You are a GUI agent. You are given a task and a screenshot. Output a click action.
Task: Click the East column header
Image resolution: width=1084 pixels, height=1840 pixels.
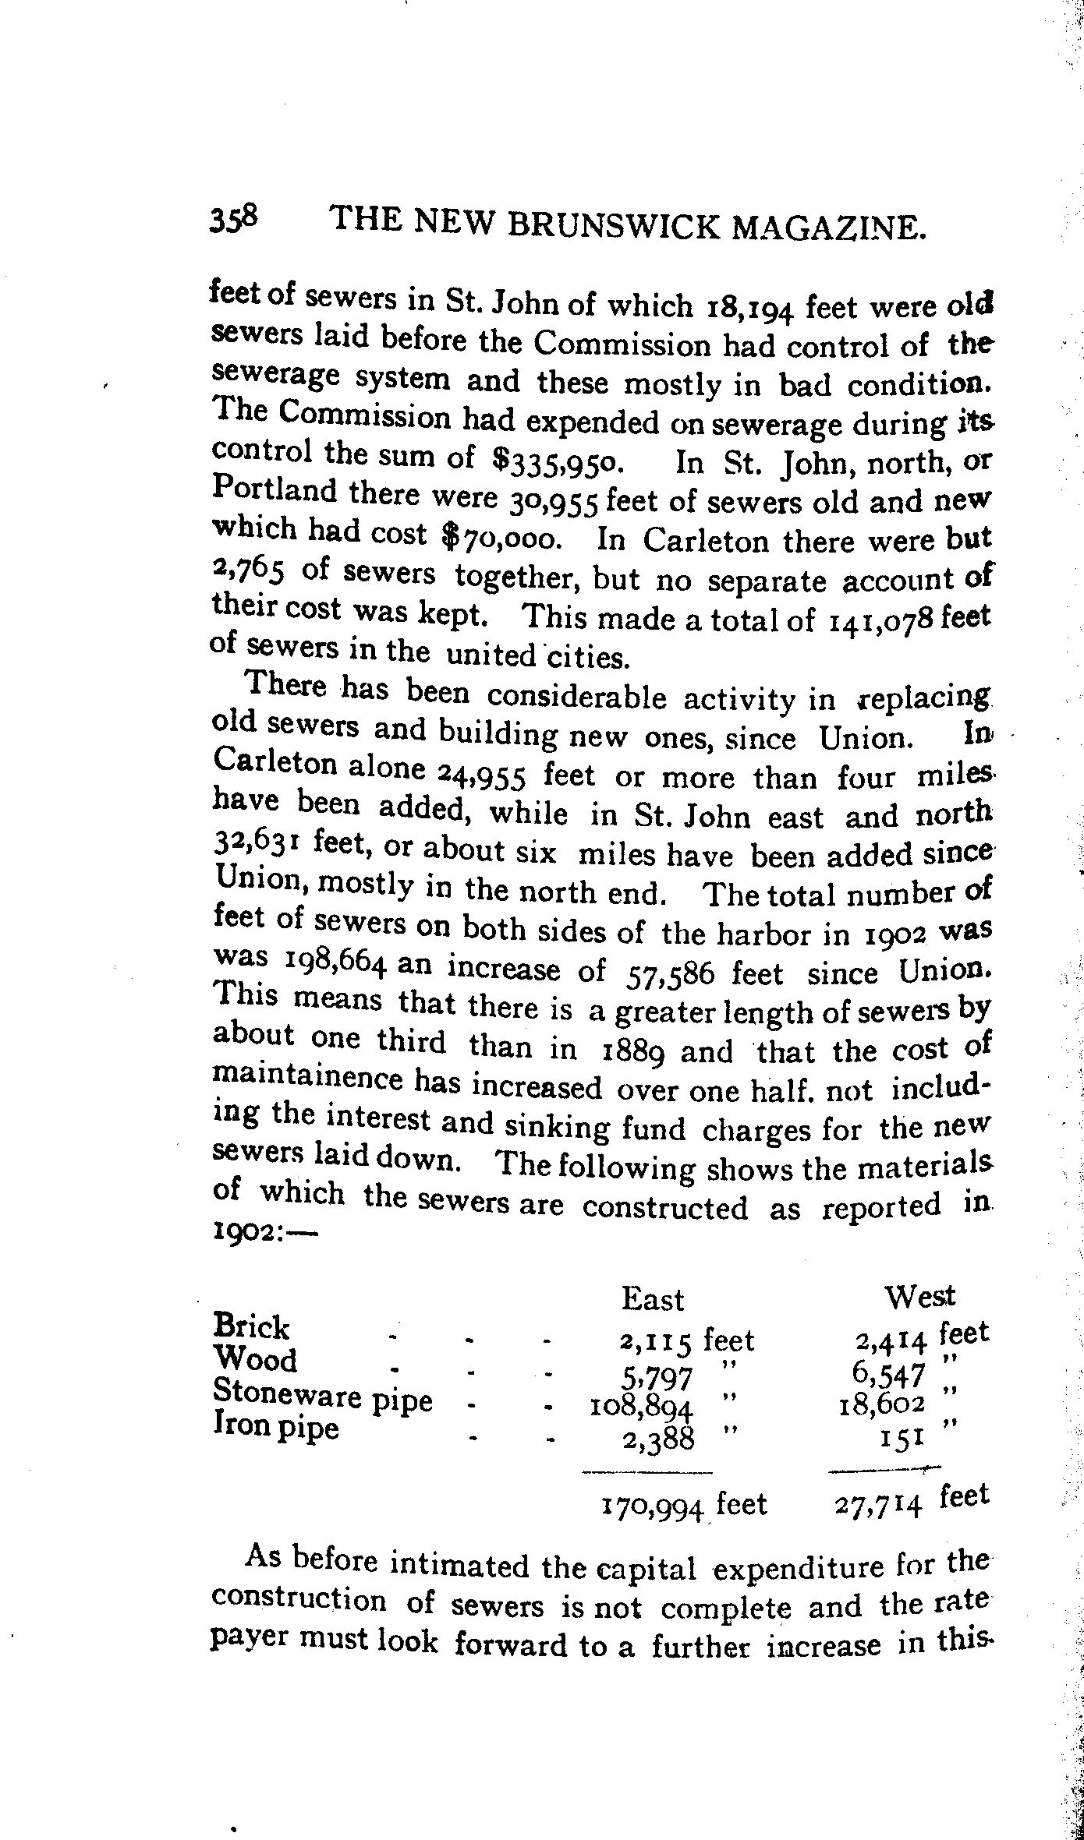coord(653,1299)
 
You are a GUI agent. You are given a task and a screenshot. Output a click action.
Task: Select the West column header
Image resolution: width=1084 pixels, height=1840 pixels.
coord(920,1296)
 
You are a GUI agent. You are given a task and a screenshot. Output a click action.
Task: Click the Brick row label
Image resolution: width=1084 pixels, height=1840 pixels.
coord(251,1326)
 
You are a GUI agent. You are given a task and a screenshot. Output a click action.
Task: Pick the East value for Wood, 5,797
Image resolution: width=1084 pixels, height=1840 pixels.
coord(660,1379)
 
